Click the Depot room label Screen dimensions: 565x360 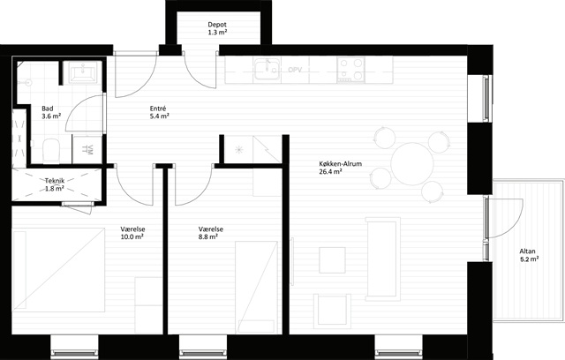click(217, 28)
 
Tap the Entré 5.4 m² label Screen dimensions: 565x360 click(159, 112)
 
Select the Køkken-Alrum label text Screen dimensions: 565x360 click(340, 164)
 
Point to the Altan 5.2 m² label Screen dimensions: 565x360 click(529, 255)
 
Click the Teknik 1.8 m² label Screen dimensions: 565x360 click(55, 184)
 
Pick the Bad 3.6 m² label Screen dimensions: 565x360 click(51, 112)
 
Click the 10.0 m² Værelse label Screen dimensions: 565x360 click(132, 233)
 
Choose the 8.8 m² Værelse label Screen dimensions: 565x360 click(210, 233)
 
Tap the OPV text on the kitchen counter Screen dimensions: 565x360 click(295, 70)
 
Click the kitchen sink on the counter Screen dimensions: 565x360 click(267, 70)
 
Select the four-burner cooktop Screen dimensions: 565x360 click(350, 70)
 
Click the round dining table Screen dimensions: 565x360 click(412, 164)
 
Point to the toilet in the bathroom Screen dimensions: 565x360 click(51, 151)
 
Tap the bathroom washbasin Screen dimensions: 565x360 click(82, 72)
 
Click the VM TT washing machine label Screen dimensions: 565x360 click(87, 149)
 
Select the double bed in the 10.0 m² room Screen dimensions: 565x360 click(58, 270)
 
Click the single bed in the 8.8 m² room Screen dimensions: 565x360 click(256, 287)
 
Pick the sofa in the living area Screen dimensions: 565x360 click(382, 259)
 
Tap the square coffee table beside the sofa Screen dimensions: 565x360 click(332, 260)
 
